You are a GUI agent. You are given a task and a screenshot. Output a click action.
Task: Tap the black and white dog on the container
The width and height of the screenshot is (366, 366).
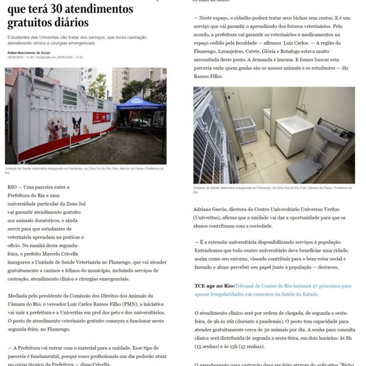point(77,126)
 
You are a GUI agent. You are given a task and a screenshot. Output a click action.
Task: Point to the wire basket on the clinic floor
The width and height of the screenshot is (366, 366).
point(245,129)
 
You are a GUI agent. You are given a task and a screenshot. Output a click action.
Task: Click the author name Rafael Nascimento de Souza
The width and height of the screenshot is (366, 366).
point(29,52)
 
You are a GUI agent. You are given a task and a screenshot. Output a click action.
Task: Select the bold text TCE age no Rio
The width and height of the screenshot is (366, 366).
point(214,285)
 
